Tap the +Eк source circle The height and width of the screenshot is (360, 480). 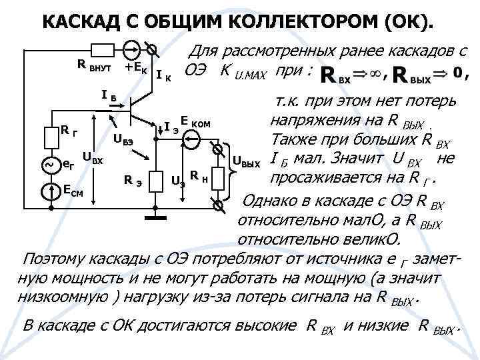coord(131,49)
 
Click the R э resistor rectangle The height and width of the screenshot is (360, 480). coord(157,181)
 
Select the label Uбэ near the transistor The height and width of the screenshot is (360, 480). coord(123,140)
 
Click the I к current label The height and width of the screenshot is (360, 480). coord(164,75)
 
